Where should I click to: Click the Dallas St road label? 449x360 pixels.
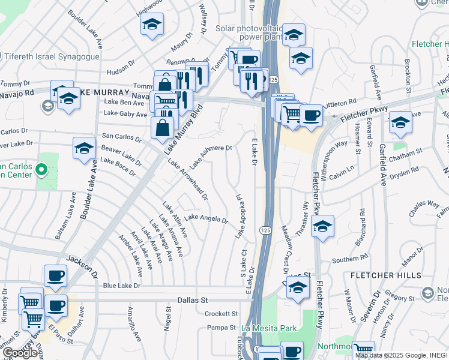coord(192,299)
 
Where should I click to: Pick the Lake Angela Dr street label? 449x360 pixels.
coord(206,218)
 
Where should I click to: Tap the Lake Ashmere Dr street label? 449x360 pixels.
coord(211,156)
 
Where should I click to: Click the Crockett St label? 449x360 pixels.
coord(221,314)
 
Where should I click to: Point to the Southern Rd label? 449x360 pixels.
coord(349,259)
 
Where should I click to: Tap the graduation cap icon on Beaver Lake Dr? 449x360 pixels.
coord(84,148)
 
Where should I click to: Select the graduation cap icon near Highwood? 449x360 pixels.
coord(152,25)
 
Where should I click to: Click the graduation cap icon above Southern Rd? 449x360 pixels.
coord(322,226)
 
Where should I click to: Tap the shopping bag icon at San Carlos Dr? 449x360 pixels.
coord(162,127)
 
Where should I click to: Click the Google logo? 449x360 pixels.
coord(20,353)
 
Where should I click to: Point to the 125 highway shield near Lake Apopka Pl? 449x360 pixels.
coord(264,230)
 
